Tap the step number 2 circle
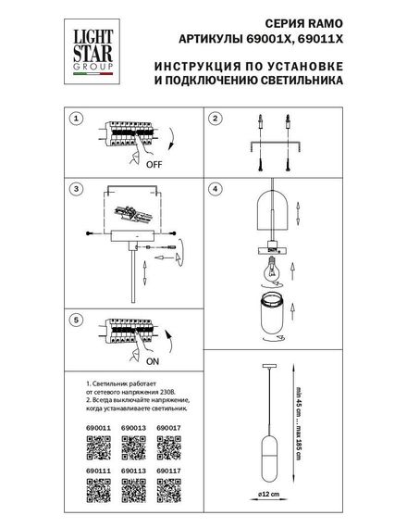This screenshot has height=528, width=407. [215, 119]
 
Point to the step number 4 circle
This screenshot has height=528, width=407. [215, 189]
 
